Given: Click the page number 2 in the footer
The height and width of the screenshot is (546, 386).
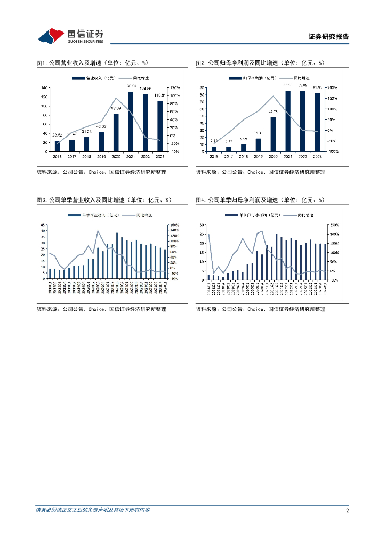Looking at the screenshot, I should point(347,510).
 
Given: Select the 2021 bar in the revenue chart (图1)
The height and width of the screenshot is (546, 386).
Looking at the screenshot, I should point(131,122).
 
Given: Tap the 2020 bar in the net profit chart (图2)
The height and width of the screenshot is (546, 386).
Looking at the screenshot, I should point(273,134).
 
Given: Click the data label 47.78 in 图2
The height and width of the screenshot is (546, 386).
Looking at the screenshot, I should point(273,112).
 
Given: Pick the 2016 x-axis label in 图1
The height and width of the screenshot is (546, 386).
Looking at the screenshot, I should point(58,157).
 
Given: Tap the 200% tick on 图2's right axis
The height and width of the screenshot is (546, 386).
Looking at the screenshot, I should point(331,87).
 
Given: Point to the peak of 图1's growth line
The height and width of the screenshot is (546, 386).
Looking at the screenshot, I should point(116,98).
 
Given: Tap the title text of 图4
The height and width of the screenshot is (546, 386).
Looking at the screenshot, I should point(260,200).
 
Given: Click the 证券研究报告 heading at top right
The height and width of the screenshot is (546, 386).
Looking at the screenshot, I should point(328,37).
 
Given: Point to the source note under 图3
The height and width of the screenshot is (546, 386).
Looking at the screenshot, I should point(101,309).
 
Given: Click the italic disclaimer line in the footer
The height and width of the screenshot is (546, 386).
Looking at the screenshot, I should point(92,510).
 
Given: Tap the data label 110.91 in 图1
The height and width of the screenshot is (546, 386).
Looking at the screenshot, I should point(160,96).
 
